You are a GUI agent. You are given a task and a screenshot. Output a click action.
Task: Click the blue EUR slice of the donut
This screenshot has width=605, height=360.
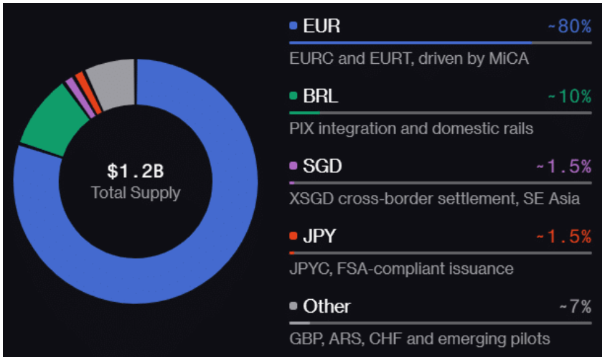coord(215,237)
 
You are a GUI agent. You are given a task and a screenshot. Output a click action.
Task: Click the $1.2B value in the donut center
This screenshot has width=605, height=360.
coord(136,171)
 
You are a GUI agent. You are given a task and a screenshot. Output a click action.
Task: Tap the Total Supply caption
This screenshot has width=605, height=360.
coord(136,192)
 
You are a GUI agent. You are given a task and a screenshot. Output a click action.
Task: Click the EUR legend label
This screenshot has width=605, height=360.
coord(322,27)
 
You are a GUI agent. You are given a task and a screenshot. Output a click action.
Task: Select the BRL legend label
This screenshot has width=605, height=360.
coord(321,96)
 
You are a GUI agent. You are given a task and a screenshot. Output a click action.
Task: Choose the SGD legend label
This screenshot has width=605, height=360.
coord(322,166)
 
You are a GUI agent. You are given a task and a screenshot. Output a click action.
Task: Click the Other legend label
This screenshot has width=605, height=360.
coord(327,306)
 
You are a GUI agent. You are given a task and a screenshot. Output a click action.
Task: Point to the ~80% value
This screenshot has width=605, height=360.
coord(569,27)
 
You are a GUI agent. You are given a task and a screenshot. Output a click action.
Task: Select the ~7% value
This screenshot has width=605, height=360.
coord(575,307)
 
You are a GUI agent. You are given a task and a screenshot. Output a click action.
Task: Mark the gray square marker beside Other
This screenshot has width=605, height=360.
coord(293,307)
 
